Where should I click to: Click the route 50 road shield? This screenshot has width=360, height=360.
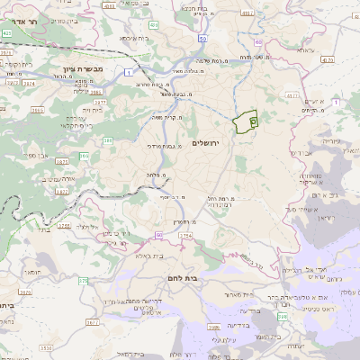tap(204, 39)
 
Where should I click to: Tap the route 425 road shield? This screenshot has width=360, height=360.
tap(8, 33)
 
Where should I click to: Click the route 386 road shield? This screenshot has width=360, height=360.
tap(108, 140)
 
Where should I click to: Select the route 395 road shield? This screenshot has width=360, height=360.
tap(85, 157)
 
